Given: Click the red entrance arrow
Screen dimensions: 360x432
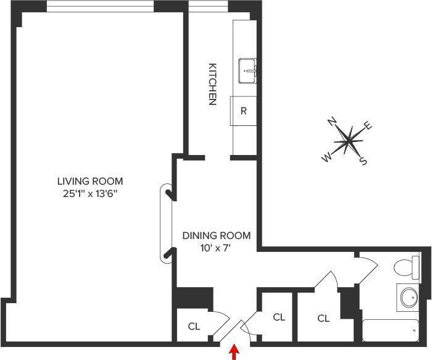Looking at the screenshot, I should [234, 352].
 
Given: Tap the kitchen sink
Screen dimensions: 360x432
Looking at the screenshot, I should [247, 70].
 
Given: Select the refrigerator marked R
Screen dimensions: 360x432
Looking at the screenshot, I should [244, 111].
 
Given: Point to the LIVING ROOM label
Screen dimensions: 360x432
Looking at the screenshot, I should [90, 182].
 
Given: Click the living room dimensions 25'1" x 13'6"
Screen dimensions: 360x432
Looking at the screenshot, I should [90, 194].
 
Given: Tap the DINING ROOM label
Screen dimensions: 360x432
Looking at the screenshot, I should [217, 235].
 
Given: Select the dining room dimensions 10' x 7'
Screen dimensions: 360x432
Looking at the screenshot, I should [217, 248].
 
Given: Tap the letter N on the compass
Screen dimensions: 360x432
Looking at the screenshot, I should [332, 122].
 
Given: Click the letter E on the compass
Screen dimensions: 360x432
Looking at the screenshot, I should [368, 127].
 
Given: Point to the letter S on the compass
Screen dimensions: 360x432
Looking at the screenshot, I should [363, 162].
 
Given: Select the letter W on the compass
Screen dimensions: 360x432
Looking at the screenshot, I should [326, 158].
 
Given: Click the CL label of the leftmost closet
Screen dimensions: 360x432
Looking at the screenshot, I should [194, 327].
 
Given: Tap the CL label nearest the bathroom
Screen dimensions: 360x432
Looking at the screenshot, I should [323, 319].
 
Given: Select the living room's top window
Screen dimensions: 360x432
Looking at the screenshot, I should [100, 7].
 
